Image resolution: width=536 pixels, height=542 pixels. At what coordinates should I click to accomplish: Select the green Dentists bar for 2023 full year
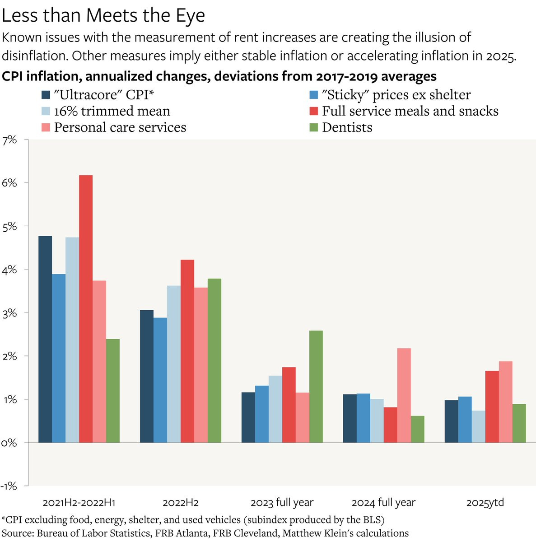316,386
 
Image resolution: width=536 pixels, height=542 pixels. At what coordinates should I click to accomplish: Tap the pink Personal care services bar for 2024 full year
404,395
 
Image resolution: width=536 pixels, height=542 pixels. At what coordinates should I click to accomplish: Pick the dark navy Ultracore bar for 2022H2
147,376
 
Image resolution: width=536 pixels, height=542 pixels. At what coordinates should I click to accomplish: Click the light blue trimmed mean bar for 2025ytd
479,426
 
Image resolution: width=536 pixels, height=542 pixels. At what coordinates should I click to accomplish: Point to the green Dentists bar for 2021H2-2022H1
113,390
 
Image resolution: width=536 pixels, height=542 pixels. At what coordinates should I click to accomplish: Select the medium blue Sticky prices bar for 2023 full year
262,414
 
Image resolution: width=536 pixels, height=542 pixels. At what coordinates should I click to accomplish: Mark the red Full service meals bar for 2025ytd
492,406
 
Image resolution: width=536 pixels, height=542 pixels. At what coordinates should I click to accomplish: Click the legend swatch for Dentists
314,127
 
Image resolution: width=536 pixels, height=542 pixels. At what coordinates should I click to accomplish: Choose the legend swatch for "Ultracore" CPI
46,95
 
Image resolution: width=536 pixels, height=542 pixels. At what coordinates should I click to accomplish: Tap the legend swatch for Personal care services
46,127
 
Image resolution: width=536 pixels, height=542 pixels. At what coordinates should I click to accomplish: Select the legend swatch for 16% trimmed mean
46,111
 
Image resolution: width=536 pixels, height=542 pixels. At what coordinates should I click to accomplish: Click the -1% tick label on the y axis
9,486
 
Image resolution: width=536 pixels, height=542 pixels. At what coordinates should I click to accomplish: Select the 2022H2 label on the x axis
181,503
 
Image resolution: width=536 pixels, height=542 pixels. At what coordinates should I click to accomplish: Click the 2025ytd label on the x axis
485,503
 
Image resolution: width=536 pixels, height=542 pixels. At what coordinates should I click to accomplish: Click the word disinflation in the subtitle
34,56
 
